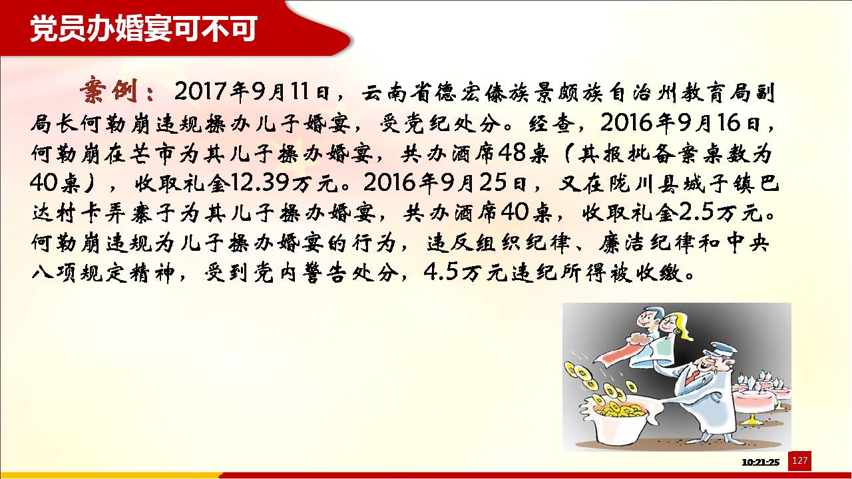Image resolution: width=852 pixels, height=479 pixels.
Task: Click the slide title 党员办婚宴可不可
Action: click(x=143, y=29)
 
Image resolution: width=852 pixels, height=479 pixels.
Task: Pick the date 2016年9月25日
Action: click(x=445, y=183)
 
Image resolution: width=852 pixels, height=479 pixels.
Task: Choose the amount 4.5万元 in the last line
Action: click(x=467, y=273)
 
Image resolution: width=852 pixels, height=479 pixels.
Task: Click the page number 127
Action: click(x=799, y=461)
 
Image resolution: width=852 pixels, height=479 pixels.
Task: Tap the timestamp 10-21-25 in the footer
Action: click(x=760, y=462)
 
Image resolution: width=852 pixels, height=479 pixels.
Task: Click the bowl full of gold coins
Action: click(x=617, y=422)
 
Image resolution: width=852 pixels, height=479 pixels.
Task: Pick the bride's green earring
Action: click(x=678, y=331)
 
